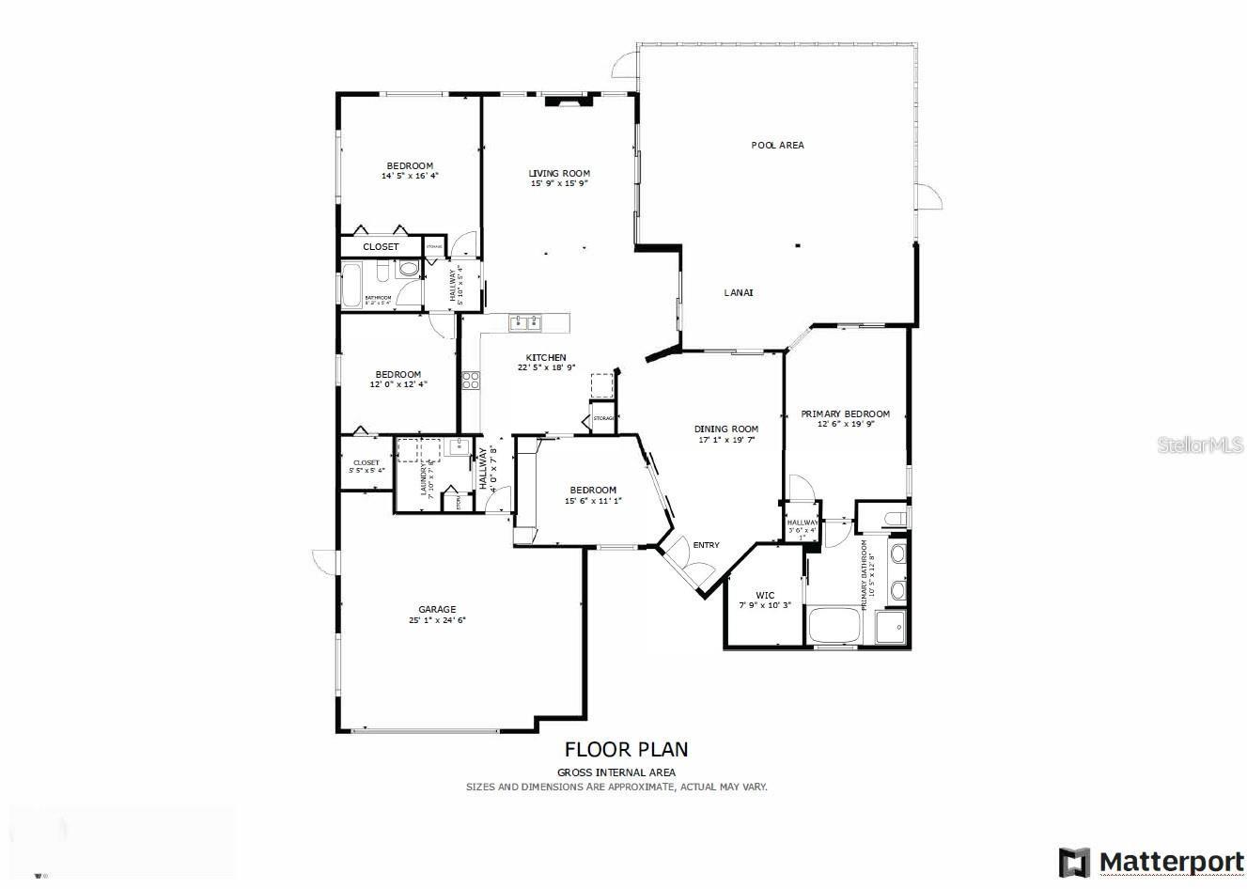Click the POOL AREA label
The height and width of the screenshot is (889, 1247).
[x=777, y=145]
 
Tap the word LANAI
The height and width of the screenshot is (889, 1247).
[x=738, y=292]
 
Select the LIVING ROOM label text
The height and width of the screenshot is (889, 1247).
[x=559, y=173]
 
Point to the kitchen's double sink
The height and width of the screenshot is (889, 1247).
[x=525, y=323]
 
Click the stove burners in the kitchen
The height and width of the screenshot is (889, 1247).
[x=471, y=381]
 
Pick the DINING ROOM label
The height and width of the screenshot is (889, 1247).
[x=726, y=429]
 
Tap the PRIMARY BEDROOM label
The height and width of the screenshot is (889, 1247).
[x=845, y=413]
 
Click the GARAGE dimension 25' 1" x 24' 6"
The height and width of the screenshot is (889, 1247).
[x=437, y=620]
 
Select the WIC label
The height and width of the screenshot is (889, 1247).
[x=765, y=595]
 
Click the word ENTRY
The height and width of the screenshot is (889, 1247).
[x=706, y=545]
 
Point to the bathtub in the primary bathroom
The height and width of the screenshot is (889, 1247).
[x=834, y=625]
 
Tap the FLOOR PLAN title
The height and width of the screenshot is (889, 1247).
[x=626, y=749]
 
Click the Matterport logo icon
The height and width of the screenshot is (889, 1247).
[x=1074, y=862]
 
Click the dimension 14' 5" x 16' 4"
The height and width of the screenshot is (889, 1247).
[x=410, y=176]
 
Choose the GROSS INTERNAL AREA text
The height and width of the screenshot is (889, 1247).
[x=616, y=772]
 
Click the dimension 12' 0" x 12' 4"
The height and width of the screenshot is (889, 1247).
[x=398, y=384]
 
